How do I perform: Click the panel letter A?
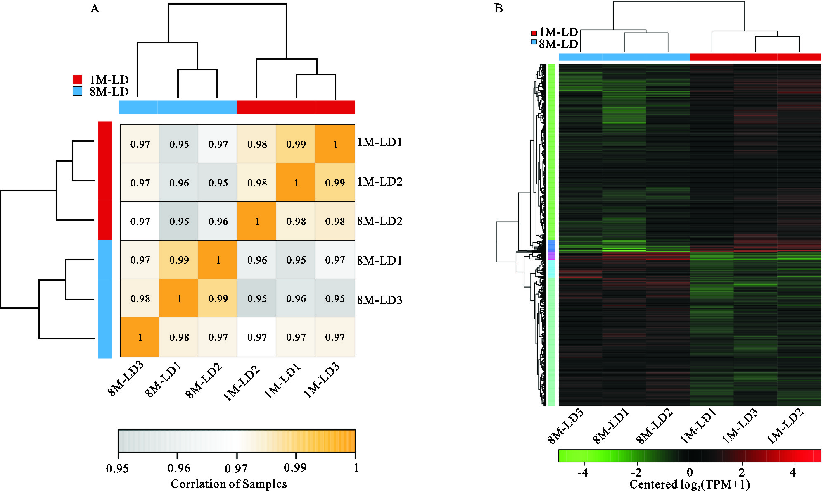[95, 9]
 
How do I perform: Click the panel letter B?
[498, 9]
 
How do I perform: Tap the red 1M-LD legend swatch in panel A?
[77, 79]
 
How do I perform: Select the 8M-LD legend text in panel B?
[558, 44]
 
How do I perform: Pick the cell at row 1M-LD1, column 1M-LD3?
[335, 144]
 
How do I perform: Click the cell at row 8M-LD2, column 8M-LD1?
[179, 221]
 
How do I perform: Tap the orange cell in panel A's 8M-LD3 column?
[140, 337]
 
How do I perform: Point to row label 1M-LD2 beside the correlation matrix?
[380, 182]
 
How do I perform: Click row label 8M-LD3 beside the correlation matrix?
[380, 300]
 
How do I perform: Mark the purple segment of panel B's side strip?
[551, 255]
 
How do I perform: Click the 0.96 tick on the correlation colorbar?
[179, 468]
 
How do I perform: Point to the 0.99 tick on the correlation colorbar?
[295, 467]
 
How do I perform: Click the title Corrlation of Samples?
[229, 484]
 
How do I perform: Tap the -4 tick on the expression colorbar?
[582, 472]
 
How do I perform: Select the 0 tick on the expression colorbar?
[689, 472]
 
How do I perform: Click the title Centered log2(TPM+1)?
[689, 484]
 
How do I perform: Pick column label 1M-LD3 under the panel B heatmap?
[740, 426]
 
